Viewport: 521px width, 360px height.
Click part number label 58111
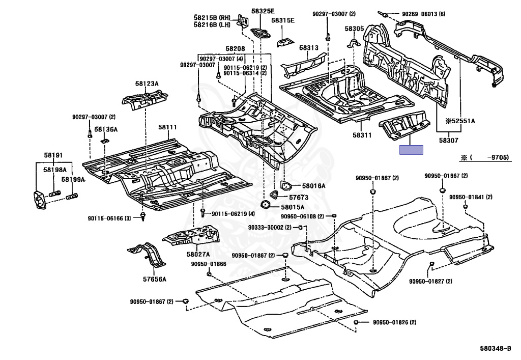(167, 127)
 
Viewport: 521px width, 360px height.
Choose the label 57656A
(155, 279)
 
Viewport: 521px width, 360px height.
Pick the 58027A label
(198, 254)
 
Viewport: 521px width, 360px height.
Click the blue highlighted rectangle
(411, 150)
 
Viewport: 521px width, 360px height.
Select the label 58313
(308, 47)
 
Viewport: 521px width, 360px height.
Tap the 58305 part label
(354, 29)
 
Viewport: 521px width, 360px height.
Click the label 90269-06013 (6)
(423, 14)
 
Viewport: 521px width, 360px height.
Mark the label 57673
(299, 196)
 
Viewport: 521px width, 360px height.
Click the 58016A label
(313, 186)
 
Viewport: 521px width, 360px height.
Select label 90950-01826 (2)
(394, 322)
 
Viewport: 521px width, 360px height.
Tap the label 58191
(53, 155)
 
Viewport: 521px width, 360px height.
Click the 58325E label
(263, 11)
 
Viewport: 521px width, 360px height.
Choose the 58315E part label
(283, 21)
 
